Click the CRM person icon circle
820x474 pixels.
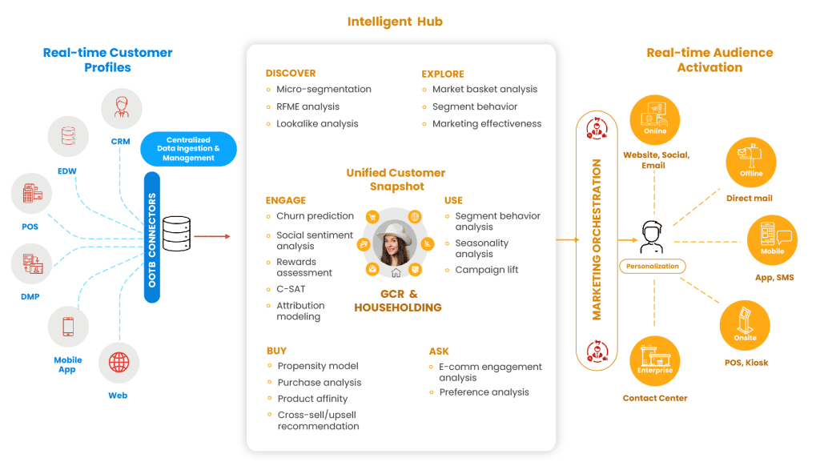coord(122,109)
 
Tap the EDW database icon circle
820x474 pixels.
coord(68,135)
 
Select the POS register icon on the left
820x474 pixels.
coord(32,194)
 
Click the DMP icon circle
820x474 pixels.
coord(32,263)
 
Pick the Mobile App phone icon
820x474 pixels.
coord(68,327)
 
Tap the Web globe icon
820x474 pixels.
coord(119,363)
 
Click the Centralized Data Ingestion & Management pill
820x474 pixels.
coord(188,148)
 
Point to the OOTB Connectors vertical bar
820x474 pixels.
coord(152,235)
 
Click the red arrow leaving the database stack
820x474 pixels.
coord(212,236)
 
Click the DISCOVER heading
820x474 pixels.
coord(290,73)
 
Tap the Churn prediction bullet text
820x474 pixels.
coord(315,216)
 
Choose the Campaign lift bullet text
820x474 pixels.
coord(486,270)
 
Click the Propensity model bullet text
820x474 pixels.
coord(318,366)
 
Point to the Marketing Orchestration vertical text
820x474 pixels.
coord(597,239)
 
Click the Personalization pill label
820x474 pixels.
coord(652,267)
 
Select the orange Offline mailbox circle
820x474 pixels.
coord(751,162)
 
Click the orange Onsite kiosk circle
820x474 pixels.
coord(745,326)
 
